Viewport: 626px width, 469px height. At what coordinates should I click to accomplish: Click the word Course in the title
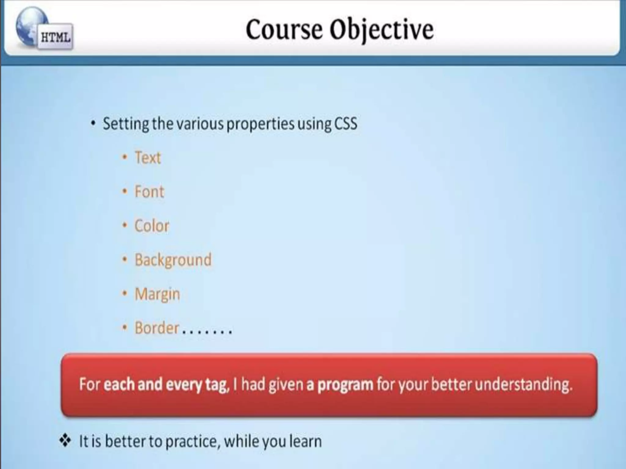point(284,30)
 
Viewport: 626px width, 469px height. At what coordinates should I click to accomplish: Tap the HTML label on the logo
point(56,38)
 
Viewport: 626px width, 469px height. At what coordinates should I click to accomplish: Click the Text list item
point(148,158)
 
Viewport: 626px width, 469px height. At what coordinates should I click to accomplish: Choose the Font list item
point(149,192)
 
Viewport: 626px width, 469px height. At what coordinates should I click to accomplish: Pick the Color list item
point(152,226)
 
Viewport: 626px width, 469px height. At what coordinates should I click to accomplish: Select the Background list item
point(173,260)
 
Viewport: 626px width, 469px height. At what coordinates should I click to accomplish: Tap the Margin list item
point(157,294)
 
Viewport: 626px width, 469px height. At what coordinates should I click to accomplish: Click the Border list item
point(157,328)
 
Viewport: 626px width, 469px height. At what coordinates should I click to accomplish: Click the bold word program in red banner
point(345,384)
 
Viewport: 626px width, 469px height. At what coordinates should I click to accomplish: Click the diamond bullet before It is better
point(65,441)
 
